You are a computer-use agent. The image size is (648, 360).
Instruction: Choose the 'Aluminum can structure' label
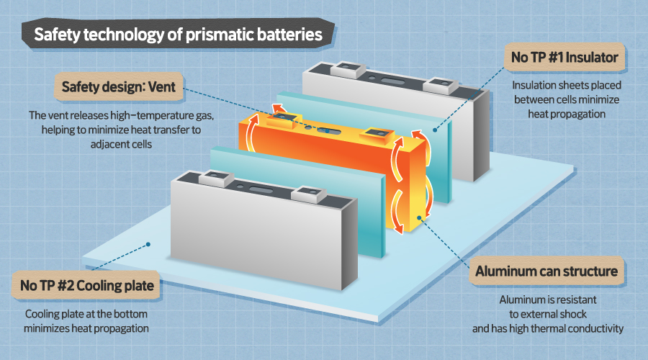tap(547, 271)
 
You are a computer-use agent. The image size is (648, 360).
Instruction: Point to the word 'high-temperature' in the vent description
tap(147, 115)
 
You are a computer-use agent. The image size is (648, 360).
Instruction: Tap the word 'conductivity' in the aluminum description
tap(595, 329)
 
